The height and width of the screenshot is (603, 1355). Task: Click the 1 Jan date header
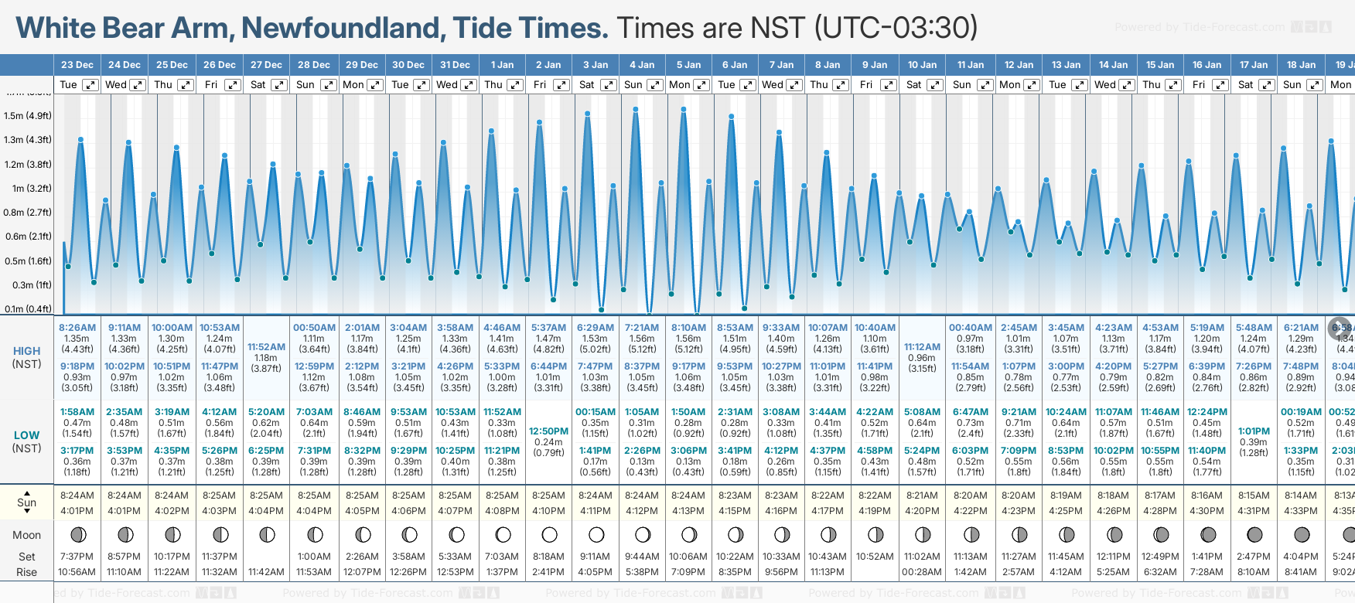point(502,65)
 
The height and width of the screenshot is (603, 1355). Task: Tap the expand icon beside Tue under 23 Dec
point(90,85)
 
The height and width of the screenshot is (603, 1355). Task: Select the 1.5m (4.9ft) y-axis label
point(28,116)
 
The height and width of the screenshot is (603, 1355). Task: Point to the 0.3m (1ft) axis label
point(28,284)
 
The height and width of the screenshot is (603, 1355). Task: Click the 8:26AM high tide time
point(77,327)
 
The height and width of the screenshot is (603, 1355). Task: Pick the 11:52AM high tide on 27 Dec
point(266,347)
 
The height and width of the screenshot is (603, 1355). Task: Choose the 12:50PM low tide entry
point(548,431)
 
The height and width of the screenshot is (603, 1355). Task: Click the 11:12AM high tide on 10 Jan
point(922,347)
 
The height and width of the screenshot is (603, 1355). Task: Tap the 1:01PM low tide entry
point(1254,431)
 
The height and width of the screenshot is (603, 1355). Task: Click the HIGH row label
point(26,351)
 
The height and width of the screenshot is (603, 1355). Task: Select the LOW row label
point(26,435)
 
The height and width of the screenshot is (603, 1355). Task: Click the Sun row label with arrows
point(26,502)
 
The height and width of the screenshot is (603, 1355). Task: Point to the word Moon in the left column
point(26,535)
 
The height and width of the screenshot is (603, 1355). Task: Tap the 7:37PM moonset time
point(77,557)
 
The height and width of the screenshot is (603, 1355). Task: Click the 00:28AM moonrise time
point(922,572)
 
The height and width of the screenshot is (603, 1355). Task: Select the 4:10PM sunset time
point(548,510)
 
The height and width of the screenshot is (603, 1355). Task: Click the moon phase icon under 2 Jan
point(549,534)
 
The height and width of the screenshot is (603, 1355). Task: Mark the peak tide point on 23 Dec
point(80,139)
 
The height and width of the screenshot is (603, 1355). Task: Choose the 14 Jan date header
point(1114,65)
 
